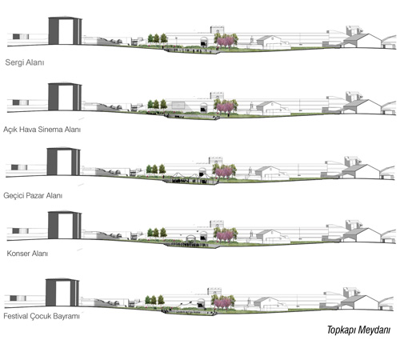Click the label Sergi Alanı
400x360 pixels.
(x=25, y=62)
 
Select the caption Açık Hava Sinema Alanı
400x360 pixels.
(x=42, y=130)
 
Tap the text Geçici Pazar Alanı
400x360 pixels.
(x=33, y=196)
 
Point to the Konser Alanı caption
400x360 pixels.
(x=27, y=254)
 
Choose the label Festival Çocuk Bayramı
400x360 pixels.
(x=42, y=317)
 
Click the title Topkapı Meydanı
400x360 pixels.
(x=358, y=330)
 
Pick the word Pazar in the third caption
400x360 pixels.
(x=35, y=196)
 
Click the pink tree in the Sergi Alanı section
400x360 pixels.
(x=226, y=42)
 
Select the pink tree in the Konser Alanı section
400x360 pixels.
(x=225, y=236)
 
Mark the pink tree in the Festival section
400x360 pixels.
(x=222, y=303)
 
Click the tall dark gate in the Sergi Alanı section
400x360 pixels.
(x=65, y=30)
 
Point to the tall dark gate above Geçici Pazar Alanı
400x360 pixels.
(x=63, y=161)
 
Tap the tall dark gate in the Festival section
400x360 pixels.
(x=62, y=292)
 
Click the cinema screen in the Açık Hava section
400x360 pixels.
(x=178, y=105)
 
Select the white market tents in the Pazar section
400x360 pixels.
(x=190, y=175)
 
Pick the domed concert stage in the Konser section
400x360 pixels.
(x=190, y=238)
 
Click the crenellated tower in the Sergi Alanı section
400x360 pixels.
(x=218, y=30)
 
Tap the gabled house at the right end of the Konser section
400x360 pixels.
(x=362, y=235)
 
